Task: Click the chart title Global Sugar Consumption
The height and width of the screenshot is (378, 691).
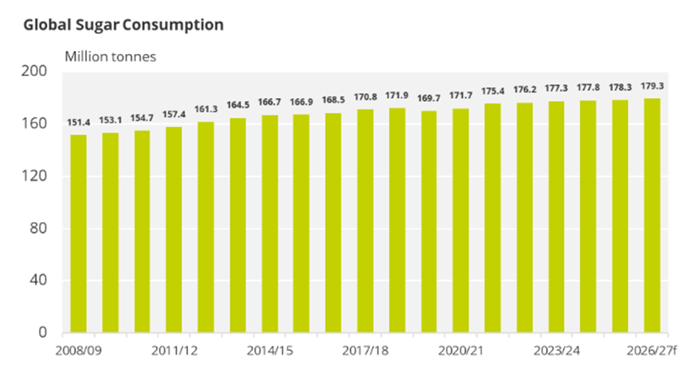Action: click(x=123, y=25)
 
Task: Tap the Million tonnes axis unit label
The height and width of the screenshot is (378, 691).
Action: click(x=110, y=57)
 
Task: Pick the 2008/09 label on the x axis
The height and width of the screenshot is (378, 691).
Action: click(x=78, y=350)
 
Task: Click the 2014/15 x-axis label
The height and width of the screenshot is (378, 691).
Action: click(x=269, y=350)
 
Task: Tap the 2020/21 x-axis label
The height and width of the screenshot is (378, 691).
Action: click(x=461, y=350)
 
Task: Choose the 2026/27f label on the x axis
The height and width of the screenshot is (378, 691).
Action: click(x=651, y=350)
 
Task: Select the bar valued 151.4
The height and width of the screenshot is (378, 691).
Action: click(x=78, y=234)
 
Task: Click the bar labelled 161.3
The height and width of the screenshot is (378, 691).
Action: click(x=206, y=227)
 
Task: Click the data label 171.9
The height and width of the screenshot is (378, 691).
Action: click(x=397, y=95)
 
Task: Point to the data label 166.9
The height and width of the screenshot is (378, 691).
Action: click(x=301, y=101)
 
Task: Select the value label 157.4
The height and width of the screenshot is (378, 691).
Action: click(x=174, y=113)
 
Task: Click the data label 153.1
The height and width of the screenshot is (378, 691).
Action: click(x=110, y=119)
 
